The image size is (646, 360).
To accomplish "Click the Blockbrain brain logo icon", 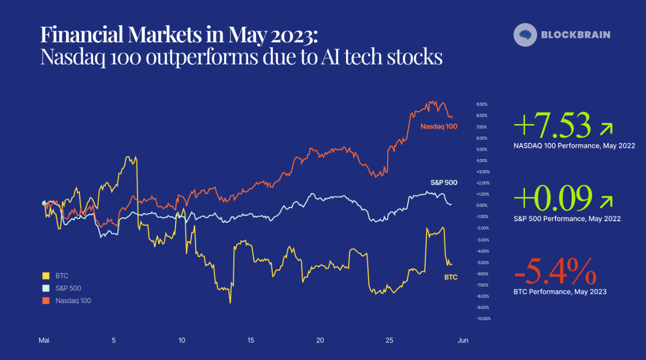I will tap(525, 34).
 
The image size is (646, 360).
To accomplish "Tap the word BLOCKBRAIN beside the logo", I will tap(576, 34).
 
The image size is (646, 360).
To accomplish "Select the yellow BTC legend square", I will tap(46, 276).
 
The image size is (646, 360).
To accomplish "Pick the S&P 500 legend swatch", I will tap(46, 288).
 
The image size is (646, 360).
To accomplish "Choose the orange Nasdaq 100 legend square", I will tap(46, 301).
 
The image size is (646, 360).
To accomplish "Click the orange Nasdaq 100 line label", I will tap(439, 126).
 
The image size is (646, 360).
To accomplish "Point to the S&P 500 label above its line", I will tap(444, 183).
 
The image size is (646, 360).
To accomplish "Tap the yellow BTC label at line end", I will tap(451, 277).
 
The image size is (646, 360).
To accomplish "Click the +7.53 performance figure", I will tap(552, 125).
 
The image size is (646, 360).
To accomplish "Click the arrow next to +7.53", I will tap(606, 130).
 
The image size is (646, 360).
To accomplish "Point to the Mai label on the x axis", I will tap(44, 340).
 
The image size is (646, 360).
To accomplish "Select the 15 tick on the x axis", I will tap(251, 340).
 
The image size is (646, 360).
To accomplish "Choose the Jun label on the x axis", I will tap(463, 340).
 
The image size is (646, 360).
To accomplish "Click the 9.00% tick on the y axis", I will tap(482, 104).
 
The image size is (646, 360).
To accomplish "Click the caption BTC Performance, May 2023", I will tap(560, 291).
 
